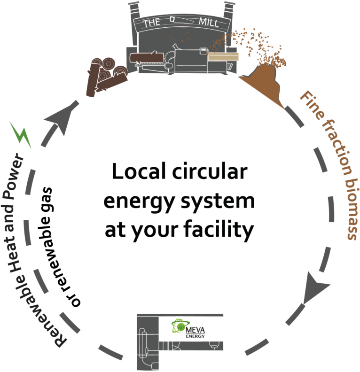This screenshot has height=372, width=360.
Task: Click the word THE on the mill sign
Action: coord(151,22)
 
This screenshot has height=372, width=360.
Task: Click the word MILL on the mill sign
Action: coord(209,22)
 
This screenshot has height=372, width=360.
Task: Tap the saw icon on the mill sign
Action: coord(178,20)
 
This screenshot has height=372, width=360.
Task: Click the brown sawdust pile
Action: coord(263,85)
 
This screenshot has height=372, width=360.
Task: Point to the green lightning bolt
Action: coord(20,134)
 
